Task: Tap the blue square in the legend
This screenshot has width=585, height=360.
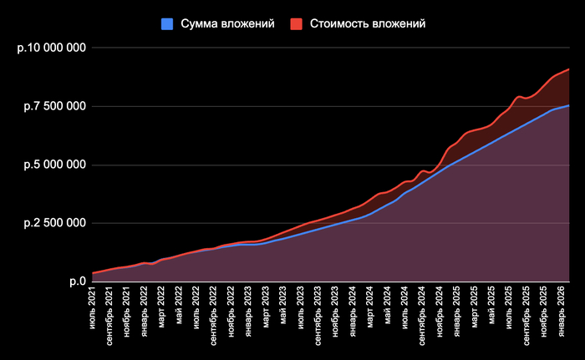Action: [x=166, y=24]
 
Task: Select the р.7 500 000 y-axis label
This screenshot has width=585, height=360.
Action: [x=54, y=106]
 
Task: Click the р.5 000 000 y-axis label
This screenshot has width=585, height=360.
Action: [x=54, y=165]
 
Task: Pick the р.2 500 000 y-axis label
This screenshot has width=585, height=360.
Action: [x=54, y=223]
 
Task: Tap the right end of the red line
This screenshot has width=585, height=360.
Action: [x=569, y=69]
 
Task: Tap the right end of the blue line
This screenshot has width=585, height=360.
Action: [x=569, y=105]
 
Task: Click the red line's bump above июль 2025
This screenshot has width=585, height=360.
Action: [x=519, y=97]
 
